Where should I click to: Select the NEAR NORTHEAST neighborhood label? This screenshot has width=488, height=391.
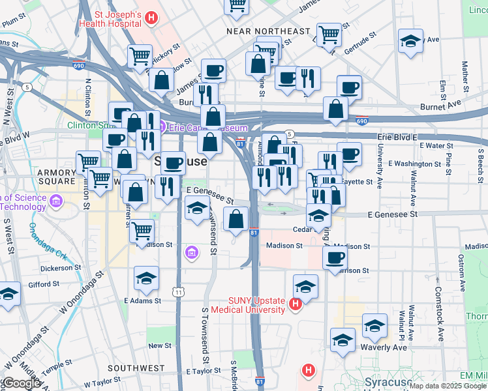click(268, 31)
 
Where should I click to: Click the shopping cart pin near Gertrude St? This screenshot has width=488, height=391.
click(329, 34)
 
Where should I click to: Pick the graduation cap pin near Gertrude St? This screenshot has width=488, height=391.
click(410, 40)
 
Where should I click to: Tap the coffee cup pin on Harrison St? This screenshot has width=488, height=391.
click(336, 259)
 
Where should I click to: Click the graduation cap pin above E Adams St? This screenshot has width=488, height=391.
click(146, 278)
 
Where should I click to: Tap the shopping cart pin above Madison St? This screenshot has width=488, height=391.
click(142, 229)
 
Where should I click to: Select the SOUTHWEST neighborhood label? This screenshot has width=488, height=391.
click(136, 368)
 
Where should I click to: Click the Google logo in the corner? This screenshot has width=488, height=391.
click(22, 383)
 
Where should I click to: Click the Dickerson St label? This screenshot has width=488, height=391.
click(59, 267)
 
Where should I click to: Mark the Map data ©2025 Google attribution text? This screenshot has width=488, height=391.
click(448, 386)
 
